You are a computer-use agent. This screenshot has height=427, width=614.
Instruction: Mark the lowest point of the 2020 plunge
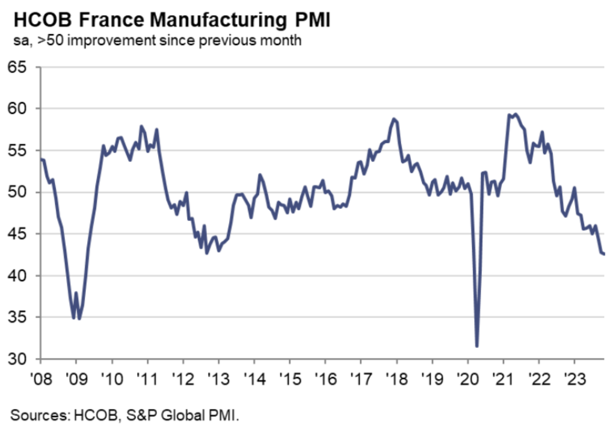pyautogui.click(x=476, y=346)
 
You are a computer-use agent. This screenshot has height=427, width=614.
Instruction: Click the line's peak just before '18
pyautogui.click(x=394, y=119)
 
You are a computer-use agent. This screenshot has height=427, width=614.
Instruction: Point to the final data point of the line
pyautogui.click(x=604, y=254)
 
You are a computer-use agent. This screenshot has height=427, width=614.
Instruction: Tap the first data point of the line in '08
pyautogui.click(x=41, y=159)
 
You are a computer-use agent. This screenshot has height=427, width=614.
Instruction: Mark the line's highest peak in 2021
pyautogui.click(x=516, y=114)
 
